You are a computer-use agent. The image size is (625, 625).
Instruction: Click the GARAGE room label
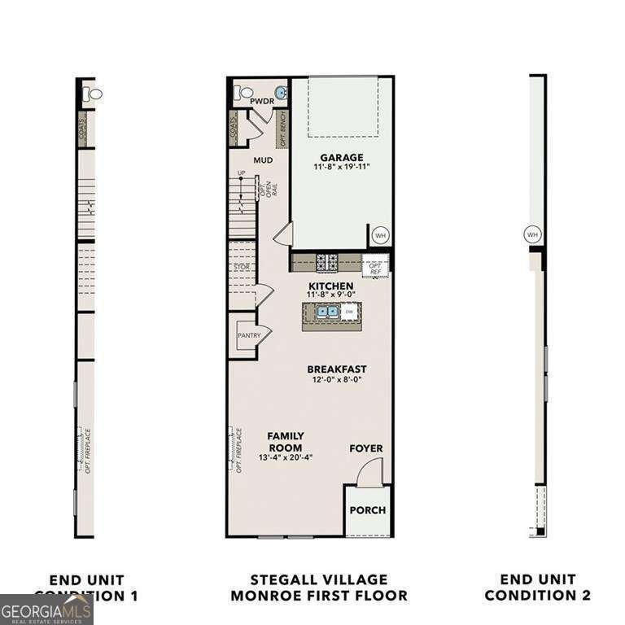pos(341,157)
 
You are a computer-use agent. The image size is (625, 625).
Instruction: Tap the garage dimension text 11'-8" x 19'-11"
pos(341,168)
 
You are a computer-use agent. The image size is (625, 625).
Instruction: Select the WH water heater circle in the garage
pos(379,235)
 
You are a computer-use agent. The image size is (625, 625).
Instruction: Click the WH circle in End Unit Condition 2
pos(532,234)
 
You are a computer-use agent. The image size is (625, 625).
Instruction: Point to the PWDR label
pos(261,101)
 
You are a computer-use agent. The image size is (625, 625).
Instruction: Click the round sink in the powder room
pos(281,93)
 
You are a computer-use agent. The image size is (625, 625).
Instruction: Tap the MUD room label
pos(262,160)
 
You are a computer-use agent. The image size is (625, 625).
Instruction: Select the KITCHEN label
pos(330,286)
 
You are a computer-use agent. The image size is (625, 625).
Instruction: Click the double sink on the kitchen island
pos(327,311)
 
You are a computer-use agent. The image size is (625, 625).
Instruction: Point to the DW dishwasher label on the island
pos(348,312)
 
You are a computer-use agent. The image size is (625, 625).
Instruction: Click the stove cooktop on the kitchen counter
pos(327,261)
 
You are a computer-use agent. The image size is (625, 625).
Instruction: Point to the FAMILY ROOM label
pos(286,442)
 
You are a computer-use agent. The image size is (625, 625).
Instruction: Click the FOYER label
pos(365,448)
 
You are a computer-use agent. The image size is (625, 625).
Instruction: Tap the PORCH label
pos(367,510)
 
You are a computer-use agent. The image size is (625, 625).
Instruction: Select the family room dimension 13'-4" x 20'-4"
pos(286,458)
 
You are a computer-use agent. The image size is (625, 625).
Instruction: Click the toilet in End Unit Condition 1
pos(94,94)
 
